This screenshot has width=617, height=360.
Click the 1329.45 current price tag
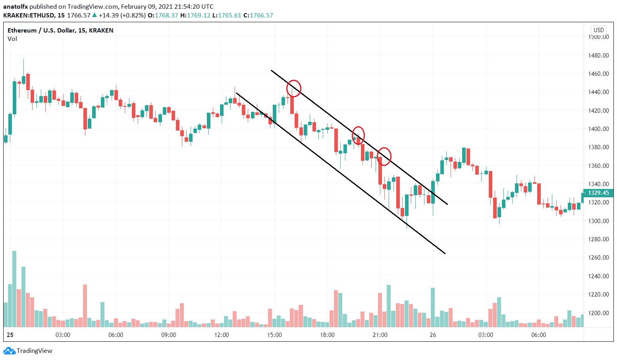tap(598, 193)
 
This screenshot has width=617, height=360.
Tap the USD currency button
tap(598, 30)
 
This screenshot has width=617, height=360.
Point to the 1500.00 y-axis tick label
tap(598, 37)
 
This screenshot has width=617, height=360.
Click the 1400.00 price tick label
tap(598, 129)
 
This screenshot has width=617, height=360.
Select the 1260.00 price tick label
tap(598, 257)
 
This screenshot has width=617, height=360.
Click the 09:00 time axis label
tap(168, 335)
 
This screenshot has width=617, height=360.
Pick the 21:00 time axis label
tap(380, 335)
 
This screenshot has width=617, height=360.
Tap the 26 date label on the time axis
tap(433, 335)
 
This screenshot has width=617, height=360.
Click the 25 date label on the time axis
tap(10, 335)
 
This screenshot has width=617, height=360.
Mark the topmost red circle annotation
tap(294, 88)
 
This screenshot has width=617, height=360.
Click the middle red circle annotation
tap(358, 135)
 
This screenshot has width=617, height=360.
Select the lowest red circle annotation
tap(384, 156)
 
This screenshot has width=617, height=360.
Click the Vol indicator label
tap(12, 39)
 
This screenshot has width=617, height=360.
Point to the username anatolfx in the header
tap(15, 7)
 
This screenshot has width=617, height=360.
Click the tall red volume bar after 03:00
tap(85, 305)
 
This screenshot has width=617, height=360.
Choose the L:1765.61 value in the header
tap(226, 15)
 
